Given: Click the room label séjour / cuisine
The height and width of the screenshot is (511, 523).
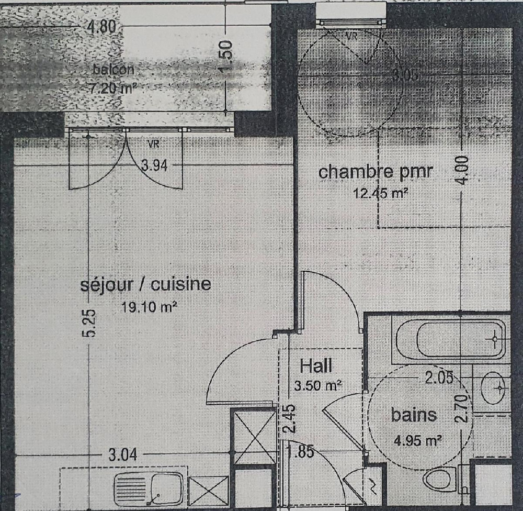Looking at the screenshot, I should pos(145,285).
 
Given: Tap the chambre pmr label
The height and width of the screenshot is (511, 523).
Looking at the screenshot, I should pos(376,172).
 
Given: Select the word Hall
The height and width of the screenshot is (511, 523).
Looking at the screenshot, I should pos(316,365).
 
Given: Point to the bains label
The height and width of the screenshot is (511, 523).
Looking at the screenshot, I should pos(414,415).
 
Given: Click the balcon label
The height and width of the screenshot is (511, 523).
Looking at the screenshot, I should pos(113,69).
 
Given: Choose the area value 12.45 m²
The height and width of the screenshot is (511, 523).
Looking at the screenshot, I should pos(380,194).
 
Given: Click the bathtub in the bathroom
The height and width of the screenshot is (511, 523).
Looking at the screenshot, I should pos(450,339).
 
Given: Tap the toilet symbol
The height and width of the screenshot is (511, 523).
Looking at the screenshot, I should pos(441,480).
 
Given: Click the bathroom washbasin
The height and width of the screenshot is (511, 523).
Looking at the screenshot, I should pos(494,388).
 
